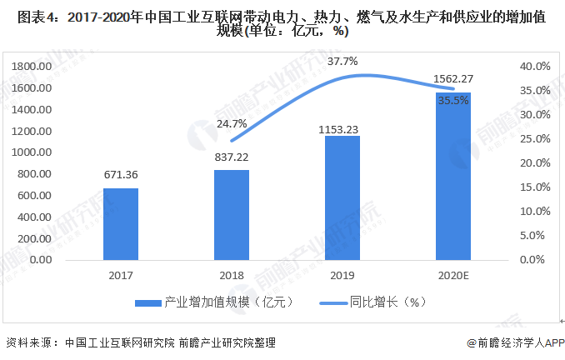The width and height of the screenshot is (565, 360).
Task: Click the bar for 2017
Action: pyautogui.click(x=121, y=223)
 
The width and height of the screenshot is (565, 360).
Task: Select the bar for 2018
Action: pyautogui.click(x=232, y=214)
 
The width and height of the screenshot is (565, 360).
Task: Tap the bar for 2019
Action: pyautogui.click(x=342, y=197)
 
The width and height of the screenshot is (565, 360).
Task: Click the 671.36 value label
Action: pyautogui.click(x=121, y=177)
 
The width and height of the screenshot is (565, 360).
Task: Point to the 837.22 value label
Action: pyautogui.click(x=232, y=157)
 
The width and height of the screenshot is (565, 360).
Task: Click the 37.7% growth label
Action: pyautogui.click(x=342, y=61)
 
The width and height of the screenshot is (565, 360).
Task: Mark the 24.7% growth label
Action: pyautogui.click(x=232, y=123)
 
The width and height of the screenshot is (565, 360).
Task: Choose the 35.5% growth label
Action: pyautogui.click(x=453, y=100)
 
